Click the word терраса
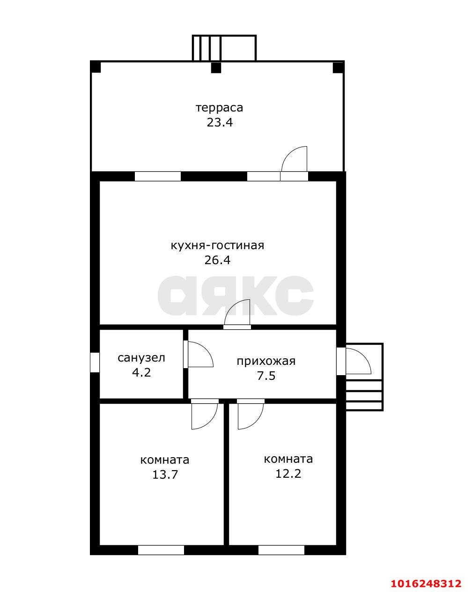click(219, 108)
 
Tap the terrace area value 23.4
click(219, 123)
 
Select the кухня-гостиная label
click(217, 245)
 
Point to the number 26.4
click(217, 260)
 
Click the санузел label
click(141, 358)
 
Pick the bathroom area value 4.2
click(141, 373)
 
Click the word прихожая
click(265, 361)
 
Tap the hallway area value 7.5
click(265, 376)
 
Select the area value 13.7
click(164, 474)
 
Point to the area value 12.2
click(288, 473)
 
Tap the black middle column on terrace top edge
click(215, 68)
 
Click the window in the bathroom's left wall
click(95, 362)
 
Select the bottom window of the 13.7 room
click(161, 550)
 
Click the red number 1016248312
click(427, 584)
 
